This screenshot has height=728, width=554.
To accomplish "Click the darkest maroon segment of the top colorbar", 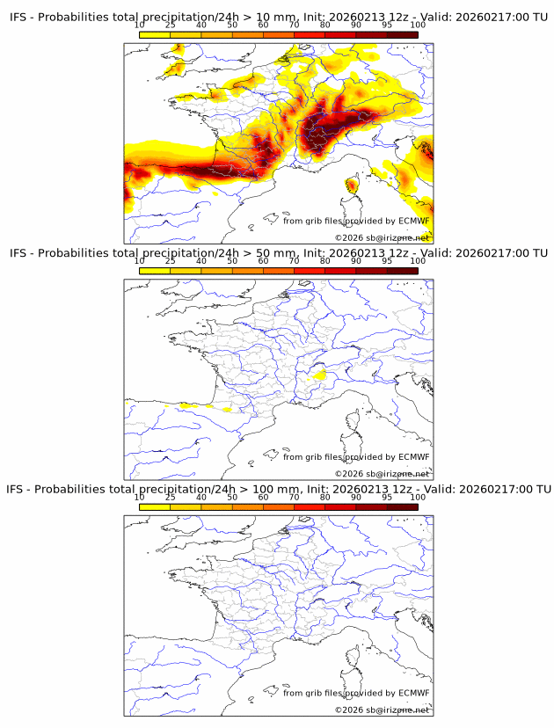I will (402, 34).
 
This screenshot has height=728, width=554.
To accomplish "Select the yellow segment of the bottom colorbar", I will (155, 507).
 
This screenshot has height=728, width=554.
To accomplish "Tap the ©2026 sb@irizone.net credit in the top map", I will (382, 237).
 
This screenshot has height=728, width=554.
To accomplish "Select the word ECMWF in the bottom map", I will (414, 693).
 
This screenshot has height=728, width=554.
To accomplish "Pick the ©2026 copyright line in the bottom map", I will (382, 710).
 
